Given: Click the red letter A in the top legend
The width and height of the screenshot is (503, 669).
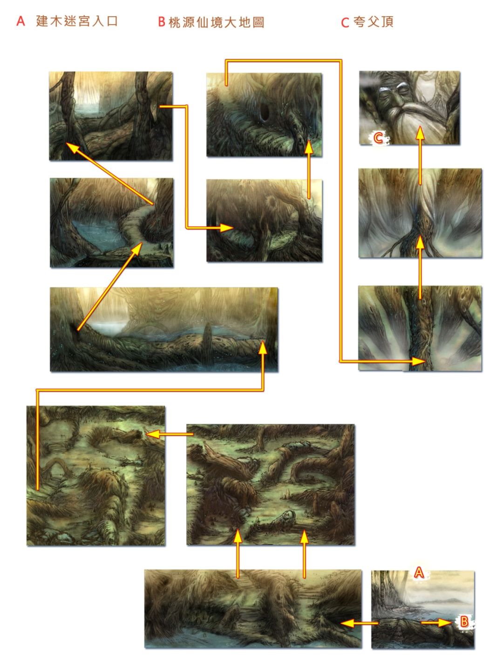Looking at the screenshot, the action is pos(20,21).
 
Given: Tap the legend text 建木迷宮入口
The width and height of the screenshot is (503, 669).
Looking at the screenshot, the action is pos(77,21).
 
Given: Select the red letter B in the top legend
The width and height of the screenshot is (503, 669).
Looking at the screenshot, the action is pos(162,22).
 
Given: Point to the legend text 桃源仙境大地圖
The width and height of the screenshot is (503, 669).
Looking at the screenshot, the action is pos(216,22).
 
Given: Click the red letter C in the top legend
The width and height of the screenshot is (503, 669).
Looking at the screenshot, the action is pos(345,22).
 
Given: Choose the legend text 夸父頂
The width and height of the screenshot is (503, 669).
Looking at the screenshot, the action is pos(374,22).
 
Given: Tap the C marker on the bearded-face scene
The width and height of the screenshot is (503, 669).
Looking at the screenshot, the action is pos(378,138).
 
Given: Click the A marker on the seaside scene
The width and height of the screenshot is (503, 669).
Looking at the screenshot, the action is pos(419,572).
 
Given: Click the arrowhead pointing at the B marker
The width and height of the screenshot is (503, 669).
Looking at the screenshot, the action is pos(445,622).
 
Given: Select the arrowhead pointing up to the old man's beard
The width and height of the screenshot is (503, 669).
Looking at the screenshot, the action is pos(421,133).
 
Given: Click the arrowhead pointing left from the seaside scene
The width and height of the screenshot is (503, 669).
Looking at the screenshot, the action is pos(347,623).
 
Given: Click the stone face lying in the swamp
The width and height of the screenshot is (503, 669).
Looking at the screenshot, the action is pos(288,515).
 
